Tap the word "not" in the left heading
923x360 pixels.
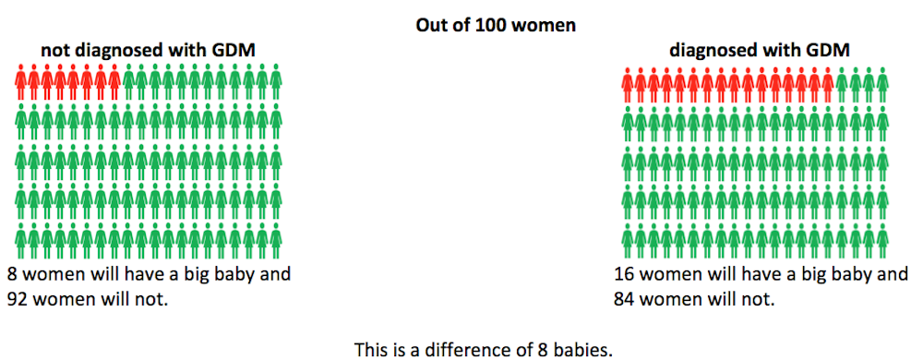[x=54, y=51]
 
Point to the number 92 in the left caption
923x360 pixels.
[x=18, y=298]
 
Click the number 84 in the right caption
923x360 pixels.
[x=627, y=298]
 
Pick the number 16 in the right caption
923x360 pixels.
[x=627, y=274]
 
